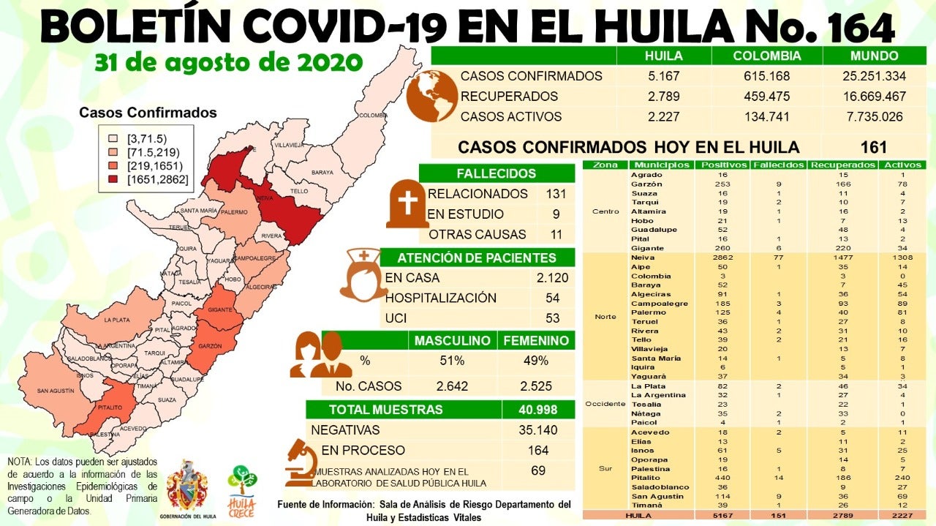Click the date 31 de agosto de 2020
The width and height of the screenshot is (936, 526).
[228, 62]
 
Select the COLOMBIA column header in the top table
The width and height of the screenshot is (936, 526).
[767, 56]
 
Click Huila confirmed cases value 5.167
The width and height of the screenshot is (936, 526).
[663, 76]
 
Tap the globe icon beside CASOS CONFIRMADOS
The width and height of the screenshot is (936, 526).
[431, 97]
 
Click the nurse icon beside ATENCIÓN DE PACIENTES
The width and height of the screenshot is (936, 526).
[363, 274]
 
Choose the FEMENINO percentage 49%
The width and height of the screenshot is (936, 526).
[535, 361]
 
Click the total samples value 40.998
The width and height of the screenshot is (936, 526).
[537, 410]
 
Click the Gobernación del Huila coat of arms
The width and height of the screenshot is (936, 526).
[187, 486]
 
